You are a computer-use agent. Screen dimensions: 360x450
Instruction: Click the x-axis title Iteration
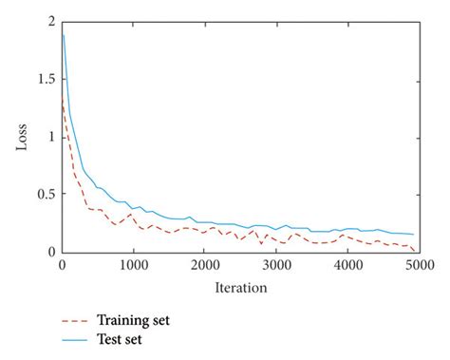pos(240,286)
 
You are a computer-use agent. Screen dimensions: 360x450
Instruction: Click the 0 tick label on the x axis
pos(62,266)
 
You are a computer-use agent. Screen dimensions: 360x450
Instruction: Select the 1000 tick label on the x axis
pos(134,266)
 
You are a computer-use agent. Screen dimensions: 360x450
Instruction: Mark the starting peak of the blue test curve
pos(63,34)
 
